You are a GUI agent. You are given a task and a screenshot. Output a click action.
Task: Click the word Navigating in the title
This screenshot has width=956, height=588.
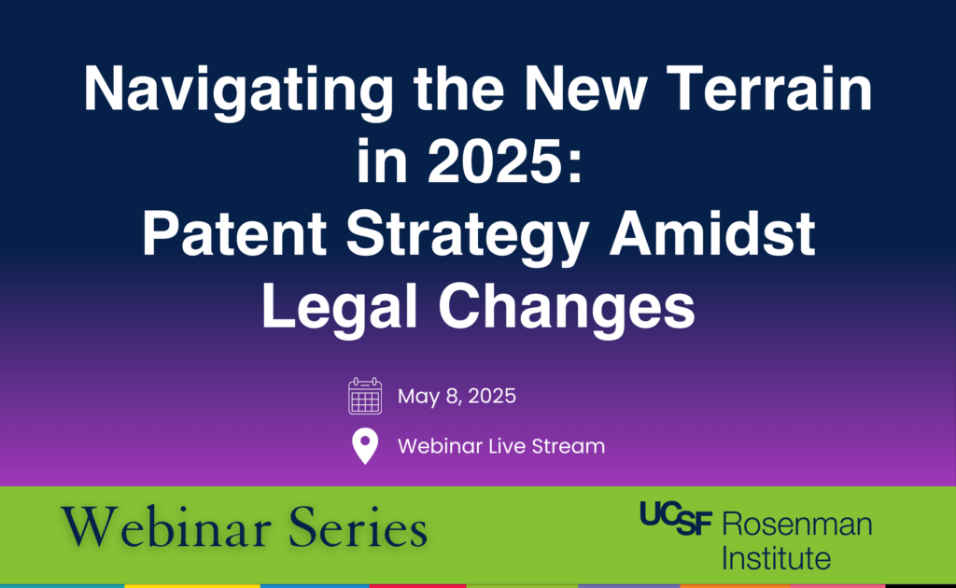point(238,91)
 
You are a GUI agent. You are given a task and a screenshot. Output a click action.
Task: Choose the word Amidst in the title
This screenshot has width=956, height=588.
point(712,233)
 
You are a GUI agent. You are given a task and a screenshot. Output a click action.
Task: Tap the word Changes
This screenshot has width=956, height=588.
point(567,309)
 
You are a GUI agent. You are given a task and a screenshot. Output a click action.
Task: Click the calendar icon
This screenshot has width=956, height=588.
point(365,396)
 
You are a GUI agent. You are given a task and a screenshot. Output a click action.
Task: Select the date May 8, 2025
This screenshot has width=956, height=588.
point(457,397)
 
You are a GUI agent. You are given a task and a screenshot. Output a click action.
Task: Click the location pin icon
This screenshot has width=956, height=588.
point(365,446)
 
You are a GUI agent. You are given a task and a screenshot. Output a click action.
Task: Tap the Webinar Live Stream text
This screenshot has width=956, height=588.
point(501,446)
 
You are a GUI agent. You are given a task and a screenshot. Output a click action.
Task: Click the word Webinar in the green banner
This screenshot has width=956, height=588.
point(166,526)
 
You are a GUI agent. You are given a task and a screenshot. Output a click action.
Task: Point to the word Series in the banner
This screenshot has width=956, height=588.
point(358,526)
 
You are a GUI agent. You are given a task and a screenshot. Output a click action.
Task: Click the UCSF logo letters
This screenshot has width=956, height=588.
point(676,519)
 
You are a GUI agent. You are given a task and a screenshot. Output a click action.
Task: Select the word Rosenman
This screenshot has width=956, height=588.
point(797,524)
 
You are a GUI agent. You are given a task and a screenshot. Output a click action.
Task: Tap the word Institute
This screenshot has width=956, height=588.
point(776,557)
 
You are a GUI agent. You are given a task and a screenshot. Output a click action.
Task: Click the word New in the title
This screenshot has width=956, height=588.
point(584,89)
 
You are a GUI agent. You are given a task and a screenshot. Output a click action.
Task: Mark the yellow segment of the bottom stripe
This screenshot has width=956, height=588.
point(192,585)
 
